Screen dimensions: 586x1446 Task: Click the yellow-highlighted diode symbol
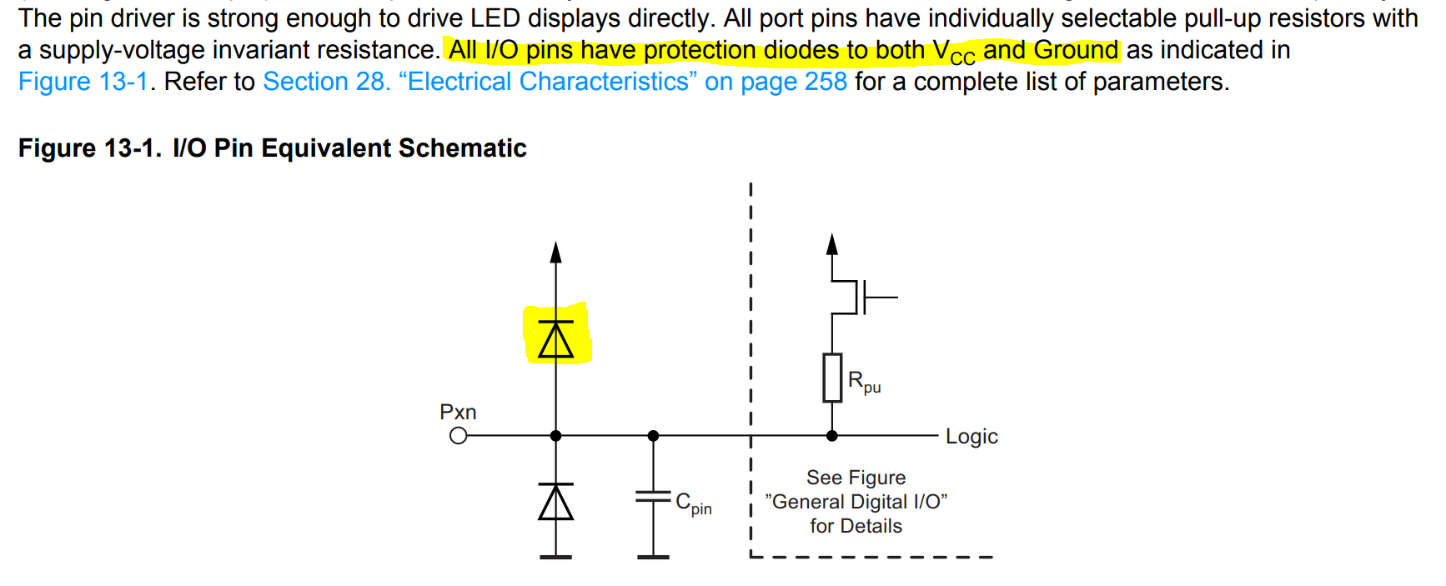(x=556, y=338)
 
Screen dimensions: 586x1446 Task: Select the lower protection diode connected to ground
(x=556, y=502)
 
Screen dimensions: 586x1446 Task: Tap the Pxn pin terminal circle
(x=458, y=436)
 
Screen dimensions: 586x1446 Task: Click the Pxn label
(x=458, y=412)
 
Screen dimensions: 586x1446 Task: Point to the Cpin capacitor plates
(x=653, y=497)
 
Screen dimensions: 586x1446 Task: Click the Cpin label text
(x=694, y=503)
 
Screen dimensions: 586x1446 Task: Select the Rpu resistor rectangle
(x=832, y=378)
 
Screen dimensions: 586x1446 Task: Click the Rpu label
(x=864, y=382)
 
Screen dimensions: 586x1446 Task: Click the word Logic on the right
(x=972, y=437)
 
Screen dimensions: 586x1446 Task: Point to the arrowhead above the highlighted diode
(x=556, y=252)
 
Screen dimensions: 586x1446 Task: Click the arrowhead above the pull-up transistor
(x=831, y=244)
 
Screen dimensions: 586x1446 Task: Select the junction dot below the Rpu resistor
(x=831, y=436)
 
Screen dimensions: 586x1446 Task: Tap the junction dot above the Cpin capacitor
(x=653, y=436)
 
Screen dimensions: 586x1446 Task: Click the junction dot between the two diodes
(x=556, y=436)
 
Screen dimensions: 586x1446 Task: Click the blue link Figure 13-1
(x=83, y=82)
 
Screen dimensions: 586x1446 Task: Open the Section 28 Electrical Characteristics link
(x=555, y=82)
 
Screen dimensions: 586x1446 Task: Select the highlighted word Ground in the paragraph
(x=1076, y=51)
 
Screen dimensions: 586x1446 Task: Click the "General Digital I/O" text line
(x=856, y=502)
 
